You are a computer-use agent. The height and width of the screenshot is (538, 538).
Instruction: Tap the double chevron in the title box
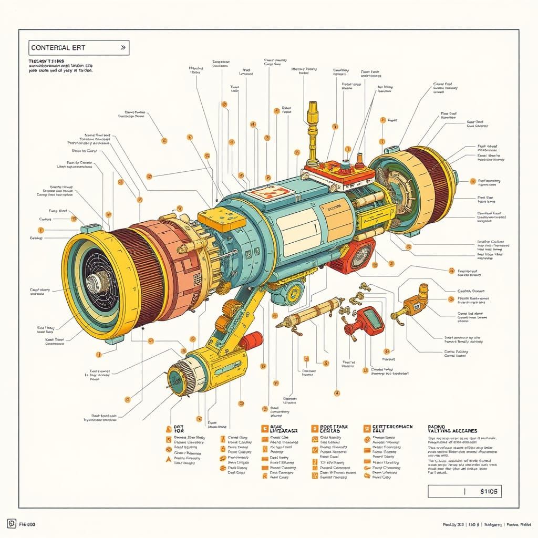[x=123, y=47]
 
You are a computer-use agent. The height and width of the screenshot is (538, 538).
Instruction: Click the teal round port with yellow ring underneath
[x=289, y=292]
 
